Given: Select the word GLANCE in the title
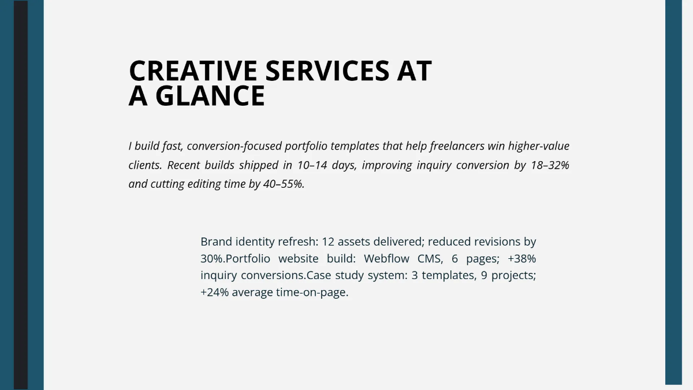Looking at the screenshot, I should pos(210,96).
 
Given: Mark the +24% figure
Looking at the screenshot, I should pos(214,292).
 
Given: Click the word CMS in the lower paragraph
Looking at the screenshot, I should pos(430,258).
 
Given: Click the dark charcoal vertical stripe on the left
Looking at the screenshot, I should pos(21,195).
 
